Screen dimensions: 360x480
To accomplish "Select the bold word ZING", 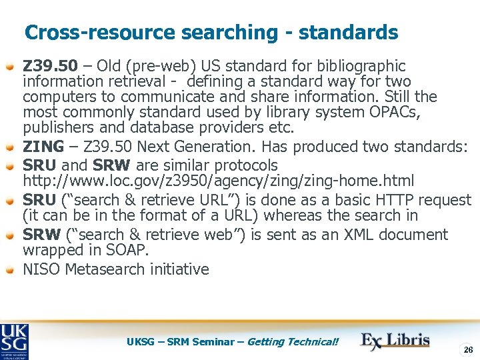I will (x=43, y=147).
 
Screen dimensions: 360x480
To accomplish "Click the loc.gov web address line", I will (x=218, y=181).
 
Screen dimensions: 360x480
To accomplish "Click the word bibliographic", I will (x=365, y=66).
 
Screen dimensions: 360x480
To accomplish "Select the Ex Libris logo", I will (x=395, y=340).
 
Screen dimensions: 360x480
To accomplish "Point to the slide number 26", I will (x=467, y=349).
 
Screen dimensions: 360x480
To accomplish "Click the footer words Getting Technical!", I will (x=293, y=342).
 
